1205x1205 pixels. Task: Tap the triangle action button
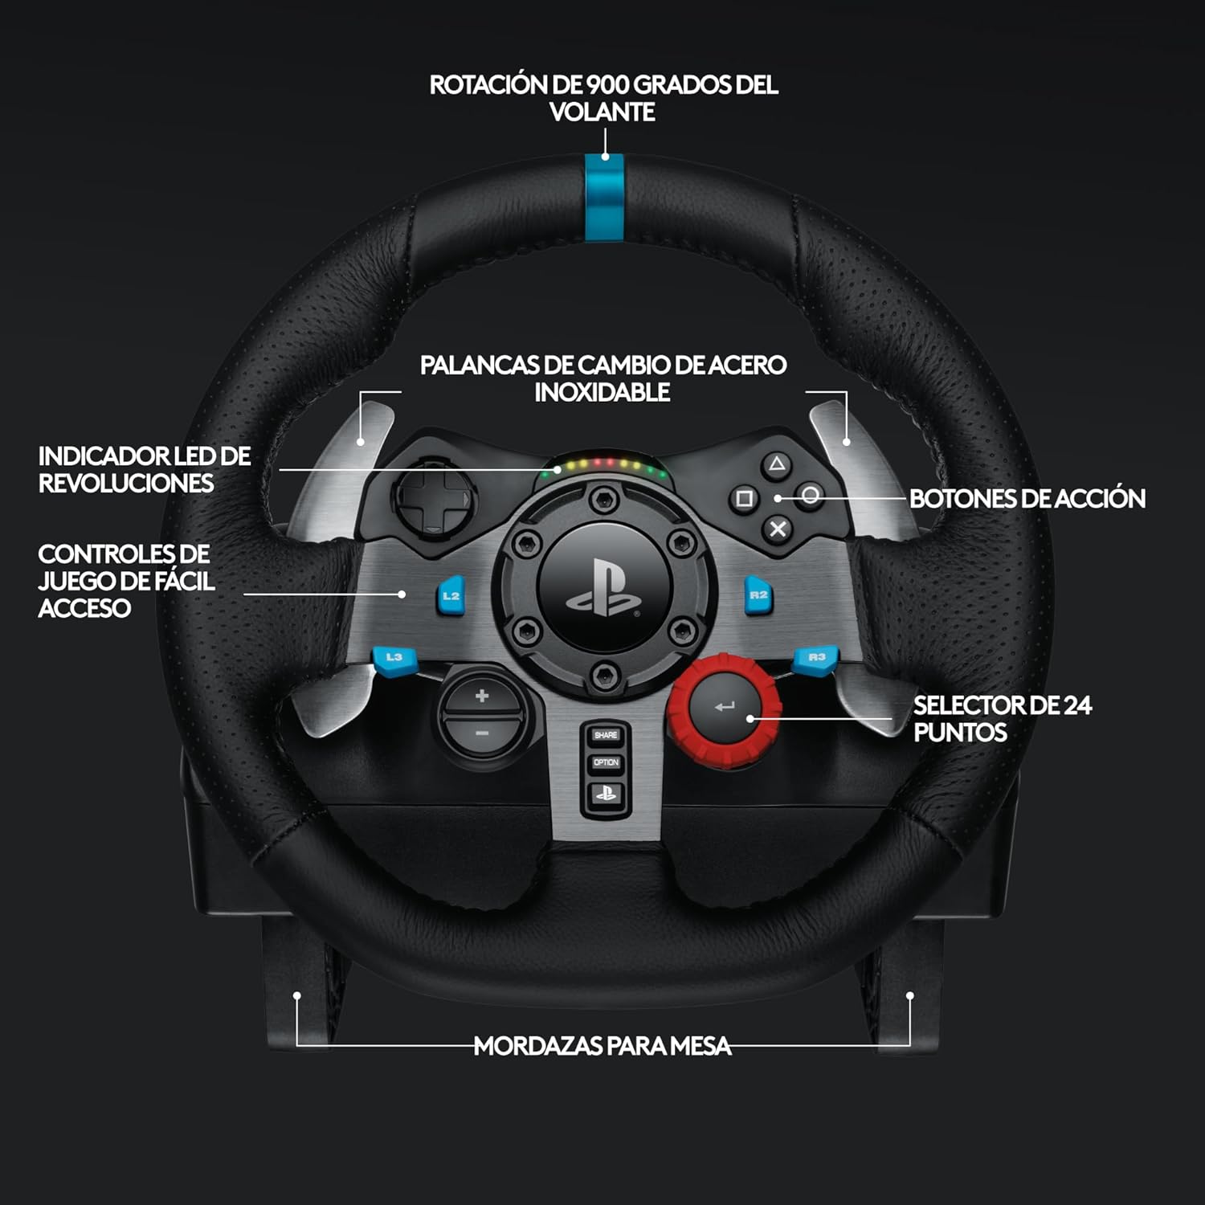776,464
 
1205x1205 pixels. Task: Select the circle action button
811,496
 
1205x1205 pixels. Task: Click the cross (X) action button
778,529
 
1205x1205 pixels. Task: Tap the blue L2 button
451,596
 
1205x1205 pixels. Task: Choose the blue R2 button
758,595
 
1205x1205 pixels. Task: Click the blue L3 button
393,658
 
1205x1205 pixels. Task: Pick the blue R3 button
816,658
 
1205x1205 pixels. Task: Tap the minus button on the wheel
481,733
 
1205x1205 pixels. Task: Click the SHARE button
606,735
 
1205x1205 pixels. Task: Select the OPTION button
606,762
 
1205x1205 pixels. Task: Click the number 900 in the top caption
608,85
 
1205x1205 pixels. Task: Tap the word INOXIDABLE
602,393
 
